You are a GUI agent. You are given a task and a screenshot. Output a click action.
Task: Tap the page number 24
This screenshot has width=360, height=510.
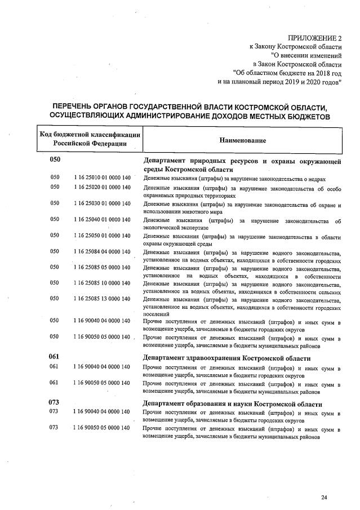(323, 497)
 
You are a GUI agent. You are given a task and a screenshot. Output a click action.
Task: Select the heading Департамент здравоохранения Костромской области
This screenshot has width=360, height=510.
(226, 358)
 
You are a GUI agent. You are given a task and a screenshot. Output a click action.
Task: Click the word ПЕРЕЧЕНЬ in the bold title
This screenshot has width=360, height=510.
(74, 107)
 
